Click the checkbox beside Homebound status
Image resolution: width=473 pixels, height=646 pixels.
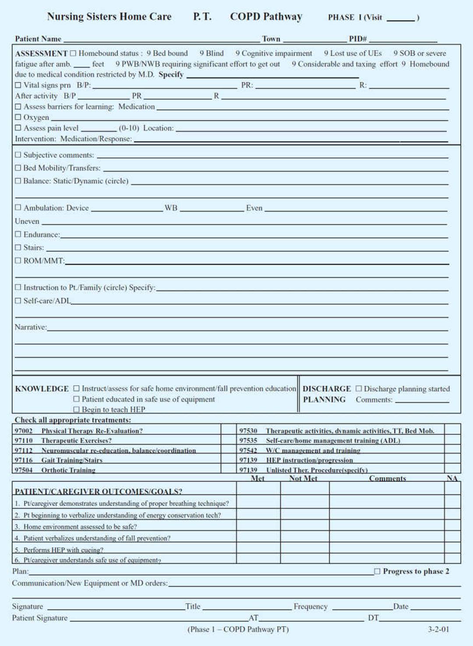(73, 53)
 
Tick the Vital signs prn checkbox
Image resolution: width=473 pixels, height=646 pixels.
(18, 85)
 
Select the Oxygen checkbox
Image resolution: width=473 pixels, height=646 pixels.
(18, 117)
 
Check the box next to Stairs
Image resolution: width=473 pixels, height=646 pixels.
(18, 247)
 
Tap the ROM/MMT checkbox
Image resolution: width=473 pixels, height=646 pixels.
(18, 261)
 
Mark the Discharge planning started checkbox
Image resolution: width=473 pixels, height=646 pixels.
(359, 388)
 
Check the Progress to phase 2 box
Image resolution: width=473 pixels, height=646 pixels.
(377, 571)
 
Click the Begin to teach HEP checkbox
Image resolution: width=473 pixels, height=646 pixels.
(77, 409)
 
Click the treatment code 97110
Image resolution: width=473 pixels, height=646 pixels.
(24, 441)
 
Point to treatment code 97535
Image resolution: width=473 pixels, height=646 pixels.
(248, 441)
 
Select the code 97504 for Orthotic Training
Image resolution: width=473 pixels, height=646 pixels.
(24, 470)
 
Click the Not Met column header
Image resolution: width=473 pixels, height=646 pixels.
(303, 478)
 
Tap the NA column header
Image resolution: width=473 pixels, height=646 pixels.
(452, 478)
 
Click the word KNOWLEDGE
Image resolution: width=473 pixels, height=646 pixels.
(42, 389)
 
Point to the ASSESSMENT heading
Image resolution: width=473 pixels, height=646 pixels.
(41, 53)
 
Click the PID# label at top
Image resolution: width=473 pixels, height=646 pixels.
(358, 39)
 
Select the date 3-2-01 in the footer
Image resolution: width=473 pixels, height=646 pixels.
(438, 629)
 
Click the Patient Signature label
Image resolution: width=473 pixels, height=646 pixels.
(40, 618)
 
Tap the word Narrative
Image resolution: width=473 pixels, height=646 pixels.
(30, 327)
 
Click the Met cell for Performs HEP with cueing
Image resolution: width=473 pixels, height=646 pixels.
(258, 548)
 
